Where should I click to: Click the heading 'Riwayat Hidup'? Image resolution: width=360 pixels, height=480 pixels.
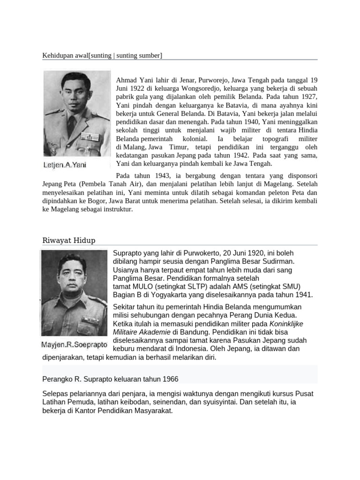pos(68,240)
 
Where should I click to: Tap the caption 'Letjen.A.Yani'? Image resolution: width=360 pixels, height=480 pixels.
pos(65,165)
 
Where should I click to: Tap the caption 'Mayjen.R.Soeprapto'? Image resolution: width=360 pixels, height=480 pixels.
pos(74,345)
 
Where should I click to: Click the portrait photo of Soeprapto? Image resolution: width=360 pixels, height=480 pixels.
pos(74,293)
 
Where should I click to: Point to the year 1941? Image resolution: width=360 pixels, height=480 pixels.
pos(303,294)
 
